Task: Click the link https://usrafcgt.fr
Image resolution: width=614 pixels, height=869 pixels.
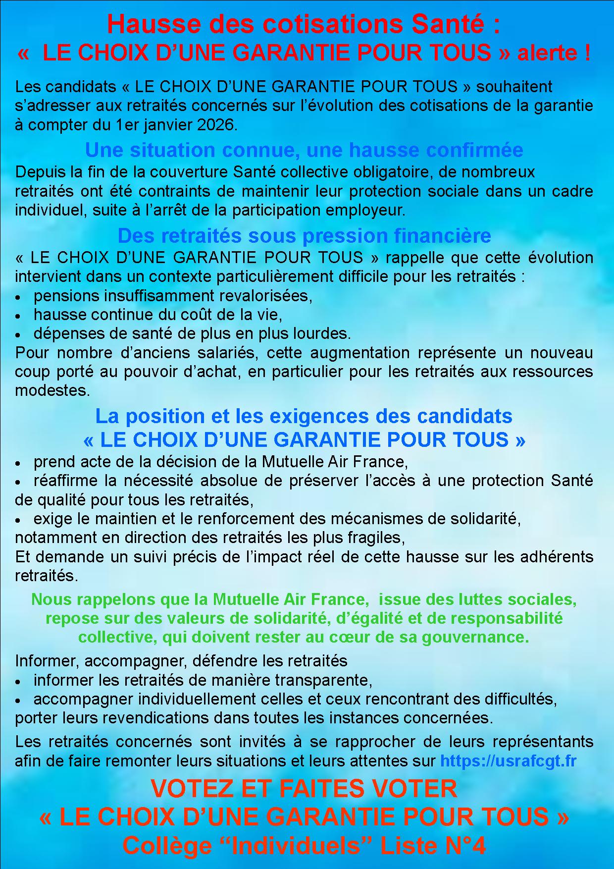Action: [508, 760]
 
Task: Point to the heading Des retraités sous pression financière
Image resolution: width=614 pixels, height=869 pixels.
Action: [304, 235]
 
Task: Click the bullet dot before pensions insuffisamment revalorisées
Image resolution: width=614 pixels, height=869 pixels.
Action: [18, 297]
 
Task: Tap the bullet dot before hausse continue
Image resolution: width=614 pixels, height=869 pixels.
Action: [18, 316]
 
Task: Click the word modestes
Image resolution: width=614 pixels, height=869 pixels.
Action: [52, 390]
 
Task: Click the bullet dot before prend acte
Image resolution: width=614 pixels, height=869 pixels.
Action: [18, 463]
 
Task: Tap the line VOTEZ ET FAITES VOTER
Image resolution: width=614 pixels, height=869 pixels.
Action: [304, 789]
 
